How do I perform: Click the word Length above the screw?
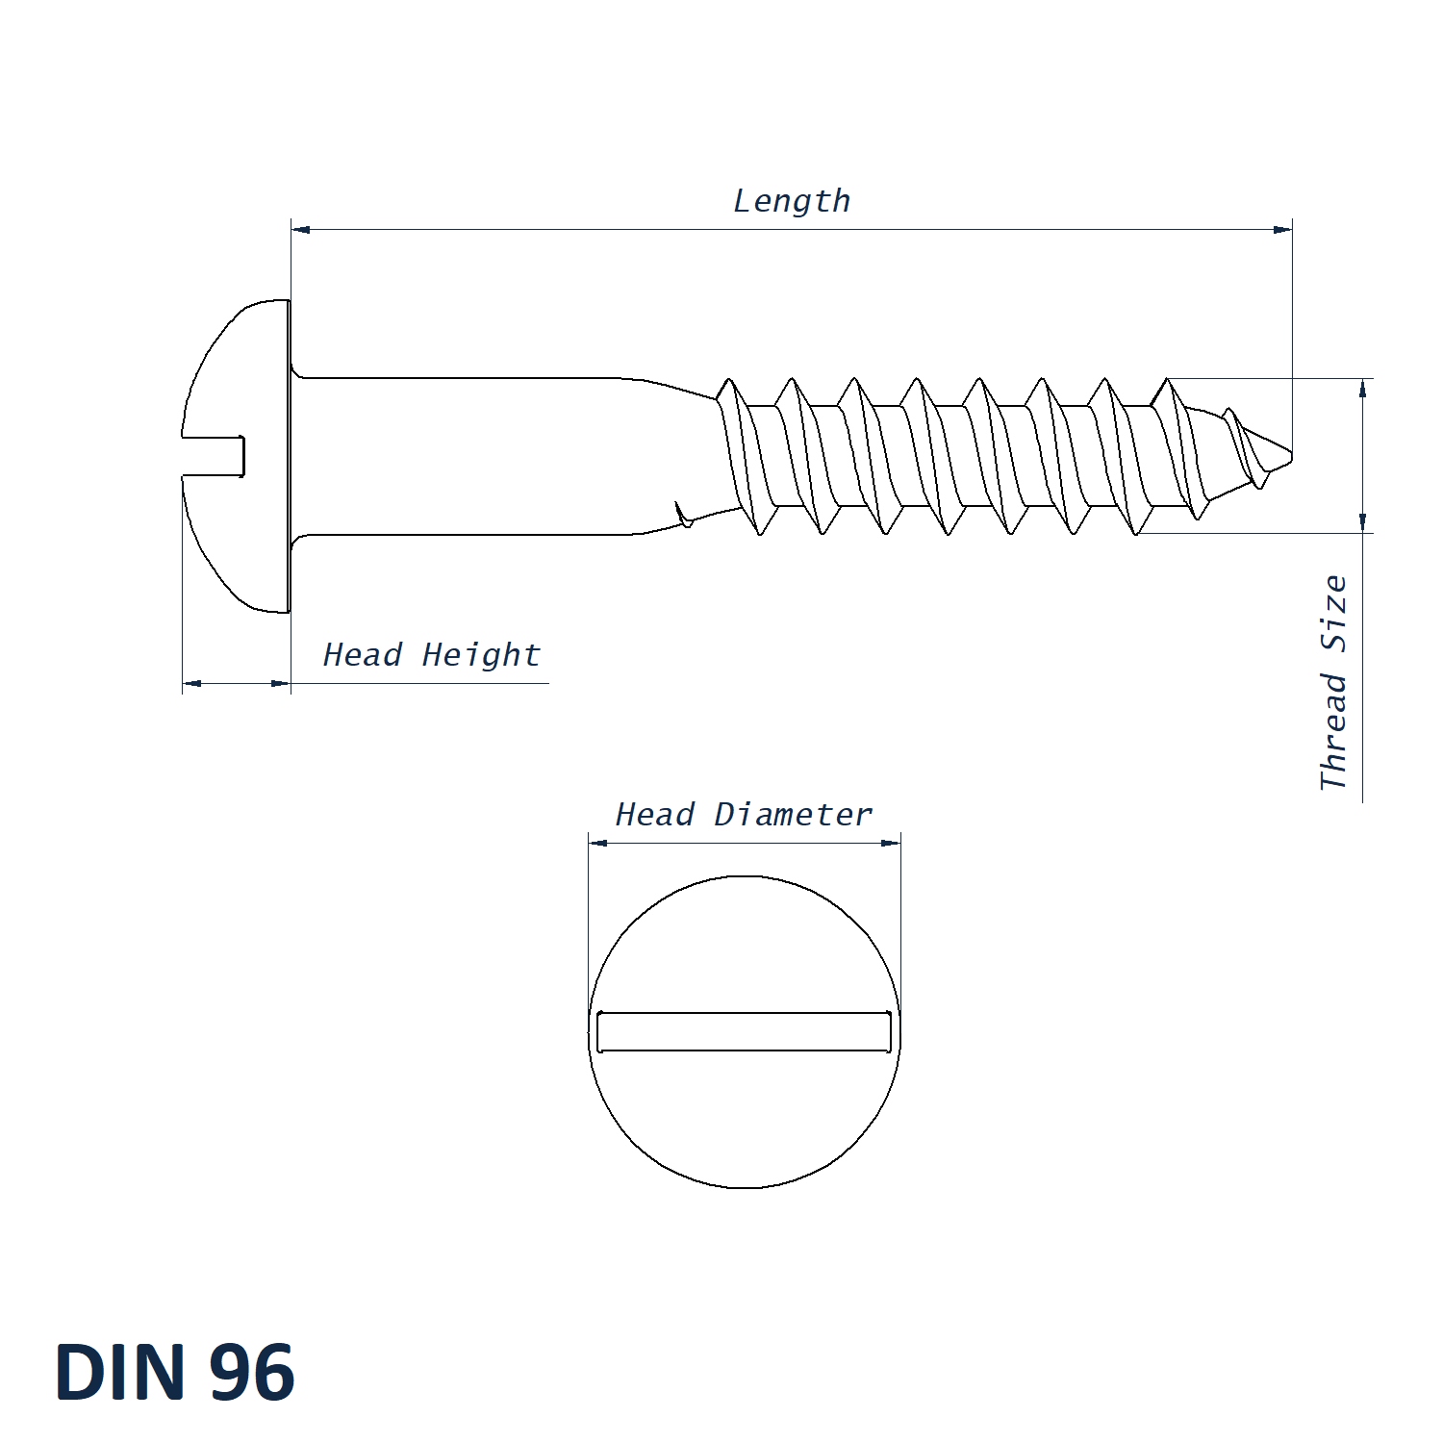coord(791,201)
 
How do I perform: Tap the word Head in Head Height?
coord(362,655)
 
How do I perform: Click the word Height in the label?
coord(481,655)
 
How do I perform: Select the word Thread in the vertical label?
coord(1333,731)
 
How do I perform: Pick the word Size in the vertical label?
coord(1333,613)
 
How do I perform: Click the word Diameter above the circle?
coord(793,815)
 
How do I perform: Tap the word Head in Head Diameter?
coord(654,815)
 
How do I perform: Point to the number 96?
coord(252,1372)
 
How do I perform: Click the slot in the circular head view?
coord(744,1031)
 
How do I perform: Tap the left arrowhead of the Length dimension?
coord(301,230)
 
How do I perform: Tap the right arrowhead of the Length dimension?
coord(1281,230)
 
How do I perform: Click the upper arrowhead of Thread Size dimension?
coord(1362,388)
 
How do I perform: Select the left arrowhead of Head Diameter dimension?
coord(598,844)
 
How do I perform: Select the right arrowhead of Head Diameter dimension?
coord(891,844)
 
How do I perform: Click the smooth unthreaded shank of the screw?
coord(481,456)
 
